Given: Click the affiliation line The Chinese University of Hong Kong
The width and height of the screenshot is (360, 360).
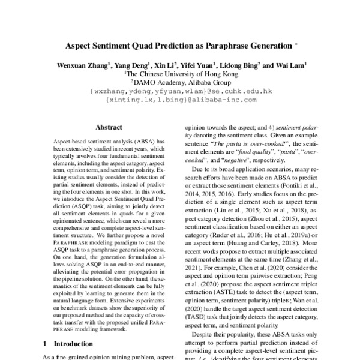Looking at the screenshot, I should (x=181, y=74).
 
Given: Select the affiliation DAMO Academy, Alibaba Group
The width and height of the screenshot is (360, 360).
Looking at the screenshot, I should (x=181, y=83).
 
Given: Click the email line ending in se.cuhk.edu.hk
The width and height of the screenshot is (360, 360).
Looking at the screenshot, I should (x=181, y=92).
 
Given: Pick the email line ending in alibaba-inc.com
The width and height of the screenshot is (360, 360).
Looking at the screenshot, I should (x=181, y=101).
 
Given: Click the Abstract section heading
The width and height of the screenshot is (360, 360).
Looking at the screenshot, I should (x=109, y=127).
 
